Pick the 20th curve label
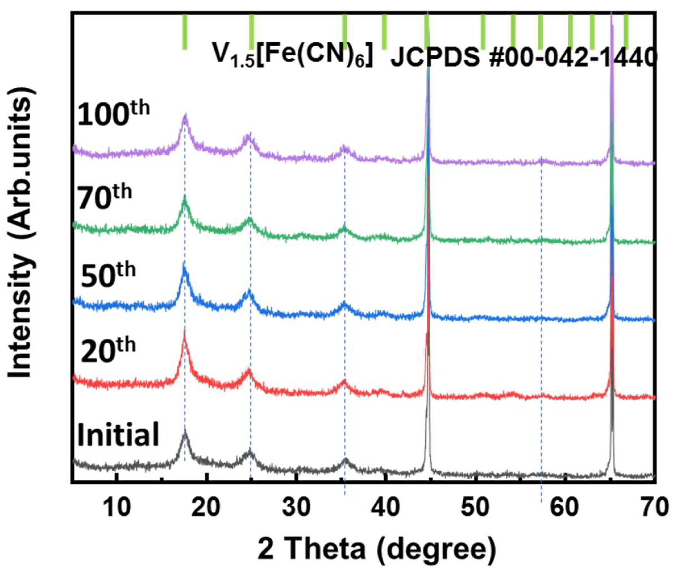(108, 350)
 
